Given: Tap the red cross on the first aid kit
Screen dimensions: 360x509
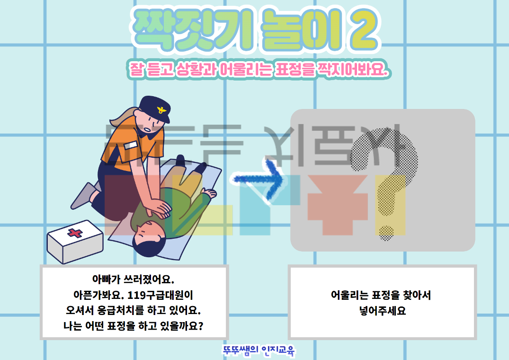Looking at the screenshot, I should coord(74,233).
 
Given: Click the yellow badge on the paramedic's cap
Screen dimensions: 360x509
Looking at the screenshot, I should coord(162,111).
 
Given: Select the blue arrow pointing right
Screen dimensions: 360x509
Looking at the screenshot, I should coord(258,179).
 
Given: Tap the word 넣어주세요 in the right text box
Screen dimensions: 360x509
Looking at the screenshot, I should coord(382,311).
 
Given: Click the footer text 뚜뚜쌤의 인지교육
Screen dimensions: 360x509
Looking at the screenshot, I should coord(259,351).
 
